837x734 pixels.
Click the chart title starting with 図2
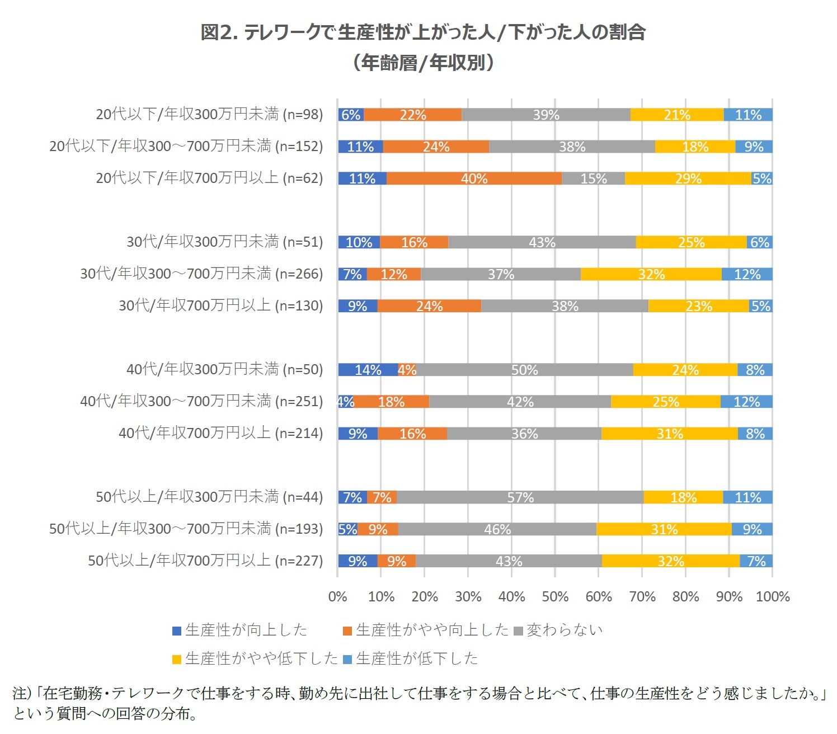pyautogui.click(x=423, y=32)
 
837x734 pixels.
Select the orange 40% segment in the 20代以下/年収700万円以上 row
pyautogui.click(x=474, y=178)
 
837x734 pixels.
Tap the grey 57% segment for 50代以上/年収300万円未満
pyautogui.click(x=520, y=497)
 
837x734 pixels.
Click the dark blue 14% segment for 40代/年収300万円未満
pyautogui.click(x=368, y=370)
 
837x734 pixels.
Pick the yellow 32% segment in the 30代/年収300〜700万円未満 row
pyautogui.click(x=651, y=274)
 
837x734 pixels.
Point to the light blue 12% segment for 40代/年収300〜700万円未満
pyautogui.click(x=746, y=402)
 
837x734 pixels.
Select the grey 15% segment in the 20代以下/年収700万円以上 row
pyautogui.click(x=593, y=178)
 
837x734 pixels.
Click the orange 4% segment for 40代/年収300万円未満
pyautogui.click(x=407, y=370)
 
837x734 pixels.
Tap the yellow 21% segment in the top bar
pyautogui.click(x=676, y=115)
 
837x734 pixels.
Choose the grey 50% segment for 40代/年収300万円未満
pyautogui.click(x=524, y=370)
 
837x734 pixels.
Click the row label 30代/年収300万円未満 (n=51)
pyautogui.click(x=224, y=242)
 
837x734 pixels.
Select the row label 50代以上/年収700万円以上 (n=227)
pyautogui.click(x=205, y=561)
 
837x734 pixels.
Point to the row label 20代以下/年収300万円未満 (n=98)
pyautogui.click(x=209, y=114)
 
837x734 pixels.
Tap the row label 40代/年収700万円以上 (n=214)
pyautogui.click(x=220, y=433)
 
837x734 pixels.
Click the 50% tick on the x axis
pyautogui.click(x=555, y=596)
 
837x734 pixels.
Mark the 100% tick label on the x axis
pyautogui.click(x=772, y=596)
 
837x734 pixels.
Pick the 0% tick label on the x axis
pyautogui.click(x=338, y=596)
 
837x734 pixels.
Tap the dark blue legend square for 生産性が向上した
pyautogui.click(x=177, y=631)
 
